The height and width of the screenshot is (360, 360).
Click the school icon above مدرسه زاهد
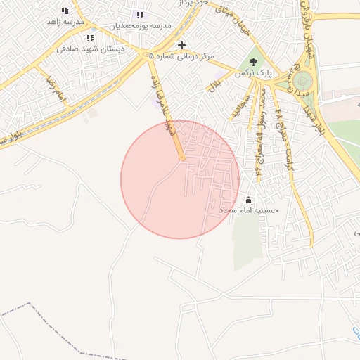(x=65, y=11)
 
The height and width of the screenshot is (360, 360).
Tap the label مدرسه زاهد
(x=65, y=22)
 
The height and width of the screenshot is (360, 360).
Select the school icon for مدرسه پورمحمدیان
(x=140, y=15)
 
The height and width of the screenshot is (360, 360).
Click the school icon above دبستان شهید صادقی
(x=89, y=38)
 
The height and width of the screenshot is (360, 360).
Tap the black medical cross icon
(x=181, y=44)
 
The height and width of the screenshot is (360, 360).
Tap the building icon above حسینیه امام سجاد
(x=248, y=200)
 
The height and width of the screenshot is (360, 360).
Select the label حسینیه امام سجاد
(x=248, y=210)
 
